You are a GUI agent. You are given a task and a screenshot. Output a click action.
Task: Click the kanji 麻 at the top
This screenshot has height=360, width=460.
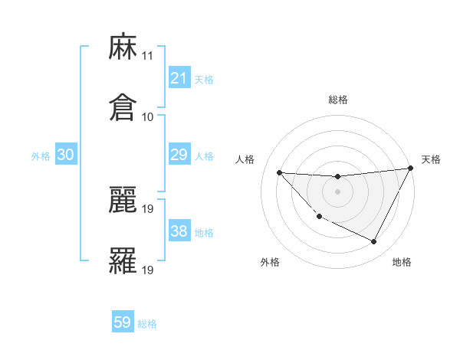coord(123,48)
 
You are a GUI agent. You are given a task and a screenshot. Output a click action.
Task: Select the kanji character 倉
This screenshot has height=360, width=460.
coord(123,106)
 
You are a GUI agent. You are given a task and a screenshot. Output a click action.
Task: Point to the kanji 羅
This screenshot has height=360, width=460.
coord(123,260)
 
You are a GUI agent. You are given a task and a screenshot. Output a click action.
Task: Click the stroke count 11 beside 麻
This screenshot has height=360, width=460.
coord(148,57)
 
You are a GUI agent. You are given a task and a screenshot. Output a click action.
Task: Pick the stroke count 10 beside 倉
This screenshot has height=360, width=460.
coord(148,116)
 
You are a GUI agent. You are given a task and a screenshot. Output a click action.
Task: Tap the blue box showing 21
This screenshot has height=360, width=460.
coord(179,78)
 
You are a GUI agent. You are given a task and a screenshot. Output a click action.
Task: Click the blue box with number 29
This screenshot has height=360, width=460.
coord(179,155)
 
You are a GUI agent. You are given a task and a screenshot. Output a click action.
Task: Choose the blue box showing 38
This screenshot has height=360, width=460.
coord(179,231)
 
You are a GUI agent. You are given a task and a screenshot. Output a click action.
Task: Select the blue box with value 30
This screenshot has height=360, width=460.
coord(66,155)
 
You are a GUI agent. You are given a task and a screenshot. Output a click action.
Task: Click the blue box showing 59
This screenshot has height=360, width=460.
coord(123,322)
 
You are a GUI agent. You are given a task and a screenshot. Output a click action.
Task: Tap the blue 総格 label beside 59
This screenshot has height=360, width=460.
coord(147,324)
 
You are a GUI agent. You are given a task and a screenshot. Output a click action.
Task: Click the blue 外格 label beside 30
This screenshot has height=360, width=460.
coord(41,156)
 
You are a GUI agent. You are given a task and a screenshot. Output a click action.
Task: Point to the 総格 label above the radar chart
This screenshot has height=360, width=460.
coord(338,100)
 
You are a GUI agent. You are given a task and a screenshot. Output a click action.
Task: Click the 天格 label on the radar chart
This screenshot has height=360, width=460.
coord(431,159)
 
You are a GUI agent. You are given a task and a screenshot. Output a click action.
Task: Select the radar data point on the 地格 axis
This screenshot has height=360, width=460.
coord(374,242)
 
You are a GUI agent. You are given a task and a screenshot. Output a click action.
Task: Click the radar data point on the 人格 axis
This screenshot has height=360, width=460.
coord(279,172)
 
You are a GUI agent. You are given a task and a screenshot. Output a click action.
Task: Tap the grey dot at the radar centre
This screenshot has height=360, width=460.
coord(337,191)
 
